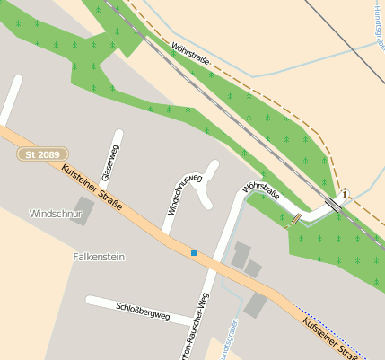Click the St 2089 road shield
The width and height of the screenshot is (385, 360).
click(41, 154)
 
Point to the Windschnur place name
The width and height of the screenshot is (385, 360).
click(56, 214)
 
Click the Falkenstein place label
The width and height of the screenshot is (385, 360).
click(99, 257)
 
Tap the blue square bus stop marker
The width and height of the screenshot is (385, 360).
click(193, 253)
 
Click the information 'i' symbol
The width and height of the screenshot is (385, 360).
click(344, 193)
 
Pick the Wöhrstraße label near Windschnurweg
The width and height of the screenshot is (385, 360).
click(260, 189)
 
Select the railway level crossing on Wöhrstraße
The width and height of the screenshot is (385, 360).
click(333, 205)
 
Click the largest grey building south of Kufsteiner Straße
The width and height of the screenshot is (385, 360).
click(257, 304)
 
